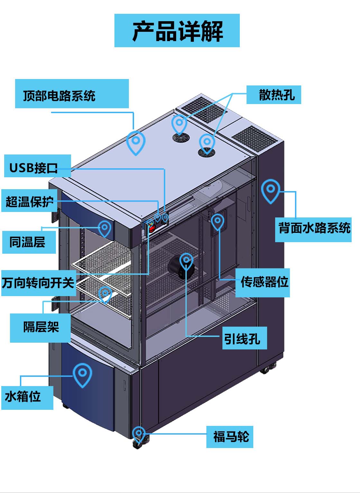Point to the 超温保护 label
29,201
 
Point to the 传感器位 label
263,282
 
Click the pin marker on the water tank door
83,374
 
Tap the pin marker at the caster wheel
139,434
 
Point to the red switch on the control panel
151,228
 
